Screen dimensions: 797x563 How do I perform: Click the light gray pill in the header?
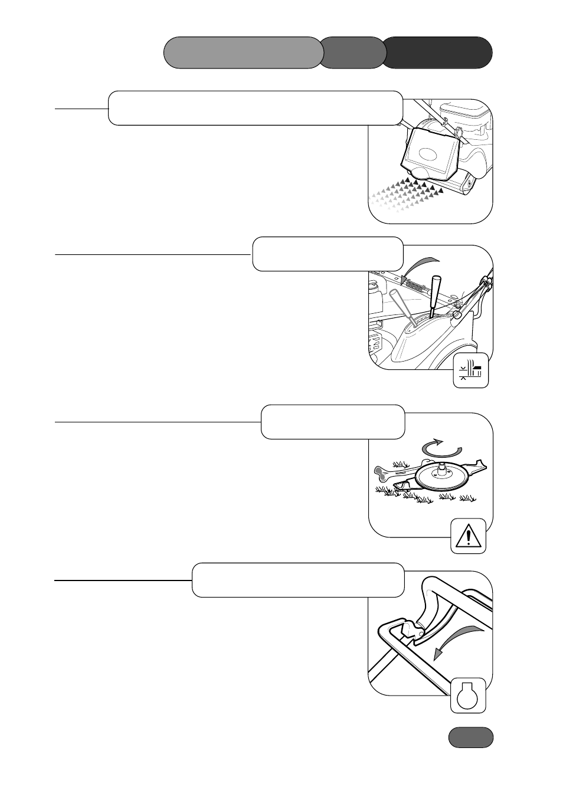243,53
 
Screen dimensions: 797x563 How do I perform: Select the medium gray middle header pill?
353,53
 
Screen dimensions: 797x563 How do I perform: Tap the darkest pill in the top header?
438,53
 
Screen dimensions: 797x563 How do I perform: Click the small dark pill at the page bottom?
470,737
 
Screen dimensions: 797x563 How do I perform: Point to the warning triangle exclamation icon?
469,536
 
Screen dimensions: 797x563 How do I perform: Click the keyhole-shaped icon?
468,696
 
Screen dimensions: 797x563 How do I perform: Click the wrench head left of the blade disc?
381,471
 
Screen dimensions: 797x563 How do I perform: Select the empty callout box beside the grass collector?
255,108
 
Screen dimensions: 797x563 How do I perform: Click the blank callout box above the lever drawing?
328,254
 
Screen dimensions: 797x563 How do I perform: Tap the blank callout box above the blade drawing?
332,422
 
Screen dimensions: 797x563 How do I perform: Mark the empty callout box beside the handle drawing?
298,580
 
